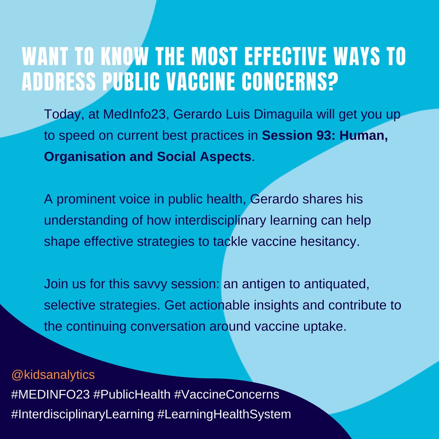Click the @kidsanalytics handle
(53, 375)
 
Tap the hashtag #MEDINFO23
(50, 395)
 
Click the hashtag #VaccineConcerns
(226, 395)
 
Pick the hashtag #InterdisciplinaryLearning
(82, 414)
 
